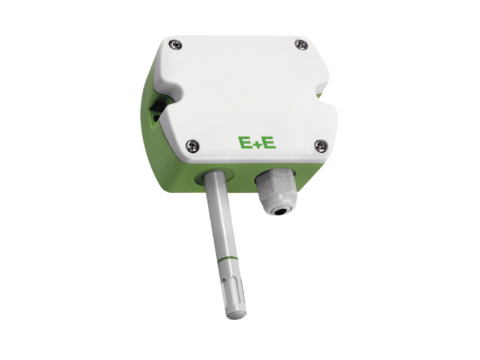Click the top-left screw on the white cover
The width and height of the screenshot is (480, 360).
click(x=175, y=45)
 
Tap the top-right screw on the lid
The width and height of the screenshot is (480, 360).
click(x=301, y=44)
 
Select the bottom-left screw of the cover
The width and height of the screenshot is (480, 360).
click(x=193, y=146)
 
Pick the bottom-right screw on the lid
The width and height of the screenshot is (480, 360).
click(x=321, y=146)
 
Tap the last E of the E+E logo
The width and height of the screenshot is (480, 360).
click(x=269, y=143)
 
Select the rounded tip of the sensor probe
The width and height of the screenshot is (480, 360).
click(x=237, y=314)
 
